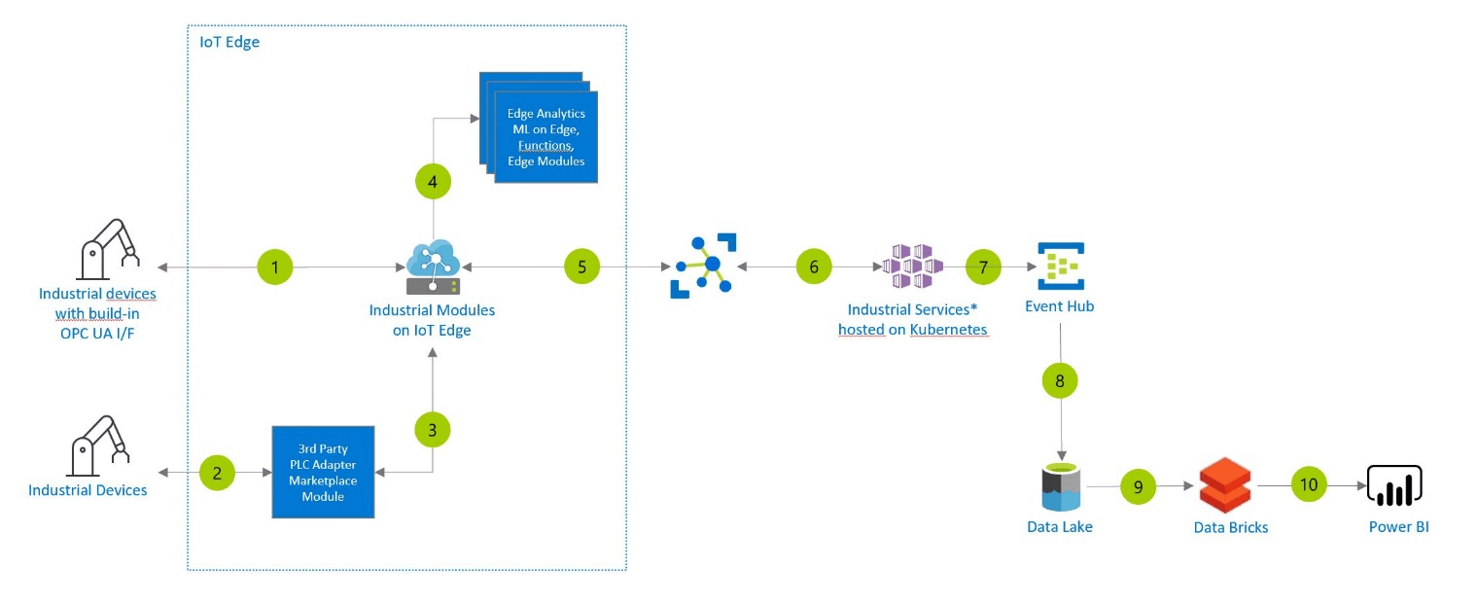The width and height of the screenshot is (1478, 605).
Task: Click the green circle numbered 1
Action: (275, 267)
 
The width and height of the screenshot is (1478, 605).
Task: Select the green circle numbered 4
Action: (433, 182)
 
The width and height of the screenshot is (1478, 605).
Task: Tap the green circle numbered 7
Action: (983, 267)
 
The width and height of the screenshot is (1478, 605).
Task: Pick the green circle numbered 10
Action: (1309, 484)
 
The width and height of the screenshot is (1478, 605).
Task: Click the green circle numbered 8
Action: (1060, 380)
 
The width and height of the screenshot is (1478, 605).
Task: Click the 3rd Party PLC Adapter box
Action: (323, 471)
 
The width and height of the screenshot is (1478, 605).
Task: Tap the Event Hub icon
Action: (1060, 266)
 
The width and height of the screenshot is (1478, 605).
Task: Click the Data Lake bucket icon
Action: (1060, 486)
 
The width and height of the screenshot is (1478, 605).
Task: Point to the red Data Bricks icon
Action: (1225, 484)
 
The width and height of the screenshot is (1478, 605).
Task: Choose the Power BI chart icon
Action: (1394, 484)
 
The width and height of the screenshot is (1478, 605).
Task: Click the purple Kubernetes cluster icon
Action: (912, 267)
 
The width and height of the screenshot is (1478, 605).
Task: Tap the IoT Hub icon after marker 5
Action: (704, 265)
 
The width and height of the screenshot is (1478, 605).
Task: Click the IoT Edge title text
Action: (229, 43)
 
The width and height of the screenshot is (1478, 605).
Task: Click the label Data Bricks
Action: (1230, 527)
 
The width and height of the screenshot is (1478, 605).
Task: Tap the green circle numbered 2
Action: (217, 473)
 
